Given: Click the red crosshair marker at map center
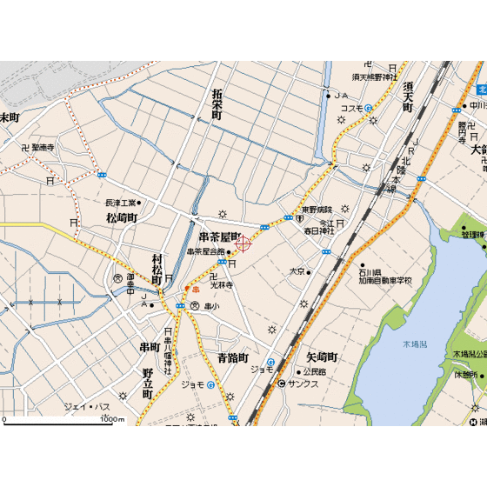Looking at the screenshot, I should [243, 243].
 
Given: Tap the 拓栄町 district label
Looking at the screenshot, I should [217, 103].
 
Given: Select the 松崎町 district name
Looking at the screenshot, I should [122, 217].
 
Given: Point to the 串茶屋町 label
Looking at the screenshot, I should [219, 237].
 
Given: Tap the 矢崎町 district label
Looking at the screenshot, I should [322, 357].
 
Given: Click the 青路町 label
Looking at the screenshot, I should [233, 357].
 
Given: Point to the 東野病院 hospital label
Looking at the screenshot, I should [317, 210].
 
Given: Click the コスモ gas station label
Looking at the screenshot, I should [351, 108].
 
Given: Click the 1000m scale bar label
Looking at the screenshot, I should [110, 419].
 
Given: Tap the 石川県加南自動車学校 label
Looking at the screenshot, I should [384, 277].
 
